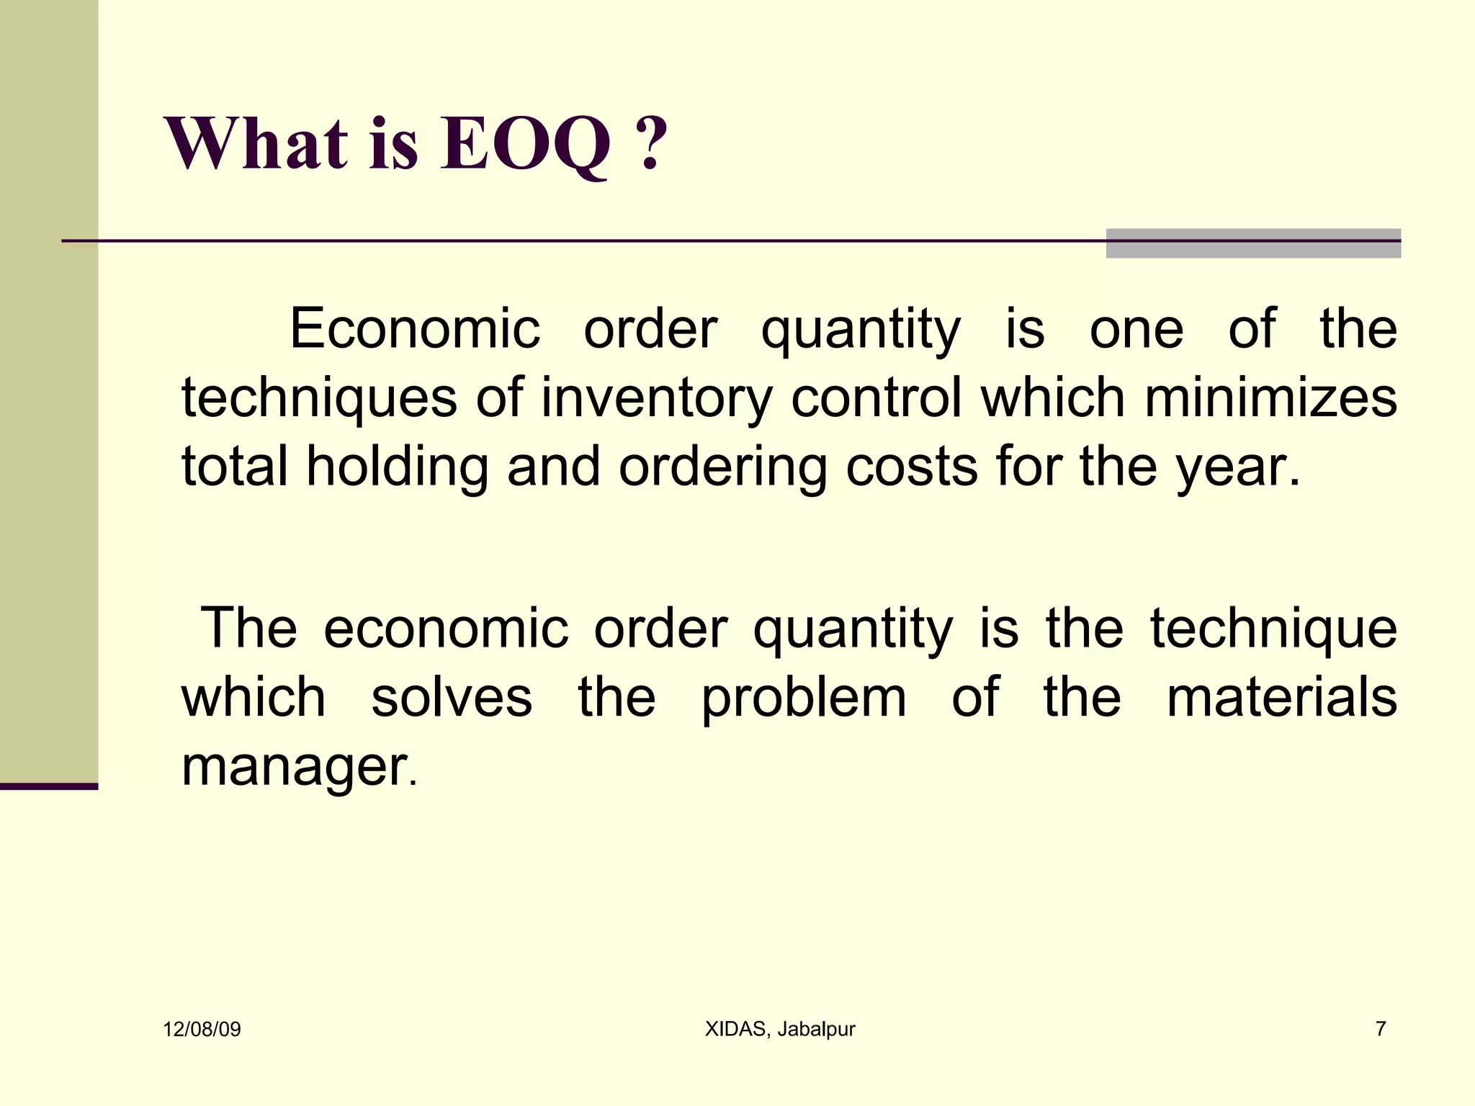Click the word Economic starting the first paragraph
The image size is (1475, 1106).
pos(414,329)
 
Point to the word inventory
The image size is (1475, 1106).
pos(656,398)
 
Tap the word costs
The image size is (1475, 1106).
pos(912,467)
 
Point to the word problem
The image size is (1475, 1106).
pos(804,698)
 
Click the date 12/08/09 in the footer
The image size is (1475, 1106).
pos(202,1029)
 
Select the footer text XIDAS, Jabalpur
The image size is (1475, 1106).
pos(779,1029)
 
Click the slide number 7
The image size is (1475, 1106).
pos(1380,1029)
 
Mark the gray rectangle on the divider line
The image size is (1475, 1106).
pos(1253,243)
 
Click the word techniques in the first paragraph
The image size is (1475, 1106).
pos(319,398)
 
